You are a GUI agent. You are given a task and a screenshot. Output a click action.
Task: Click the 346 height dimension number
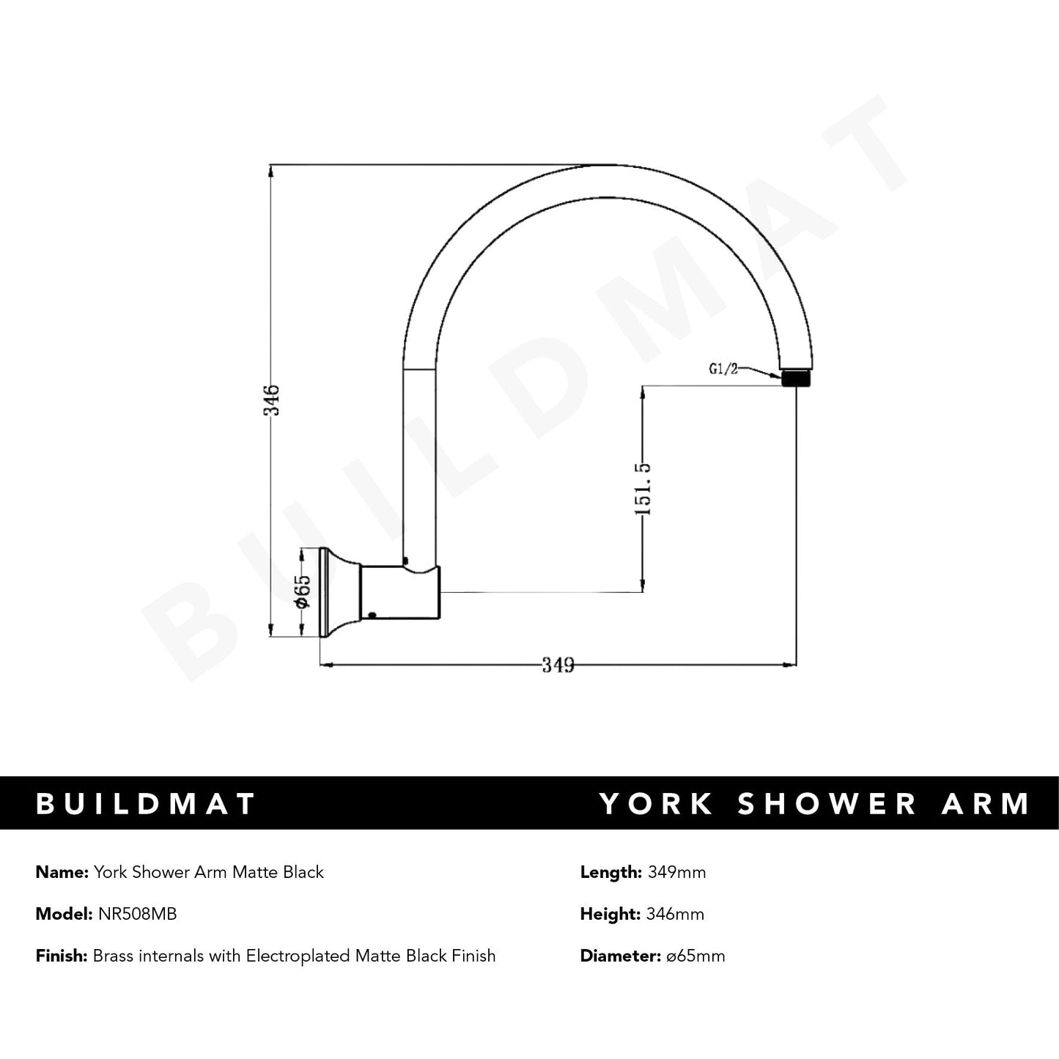(x=272, y=399)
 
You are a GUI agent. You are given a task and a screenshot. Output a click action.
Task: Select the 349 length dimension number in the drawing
(x=558, y=665)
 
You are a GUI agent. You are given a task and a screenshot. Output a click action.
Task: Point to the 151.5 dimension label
(x=643, y=488)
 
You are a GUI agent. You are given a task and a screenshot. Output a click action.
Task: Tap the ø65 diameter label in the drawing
(x=303, y=591)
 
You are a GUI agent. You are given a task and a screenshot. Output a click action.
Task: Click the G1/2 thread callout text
(x=723, y=369)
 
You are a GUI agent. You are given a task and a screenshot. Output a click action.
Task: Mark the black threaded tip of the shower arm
(x=797, y=379)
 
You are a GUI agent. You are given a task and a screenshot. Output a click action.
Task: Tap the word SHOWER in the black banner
(x=827, y=803)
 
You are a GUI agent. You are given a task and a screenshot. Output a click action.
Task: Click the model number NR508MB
(x=137, y=914)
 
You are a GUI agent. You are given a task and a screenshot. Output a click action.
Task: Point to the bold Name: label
(x=62, y=872)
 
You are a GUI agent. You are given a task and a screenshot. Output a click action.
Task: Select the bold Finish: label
(x=62, y=956)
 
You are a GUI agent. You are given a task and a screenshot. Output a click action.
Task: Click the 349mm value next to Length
(x=676, y=872)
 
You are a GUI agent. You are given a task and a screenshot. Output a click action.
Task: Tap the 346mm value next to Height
(x=675, y=914)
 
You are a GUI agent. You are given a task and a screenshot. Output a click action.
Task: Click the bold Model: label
(x=64, y=914)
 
